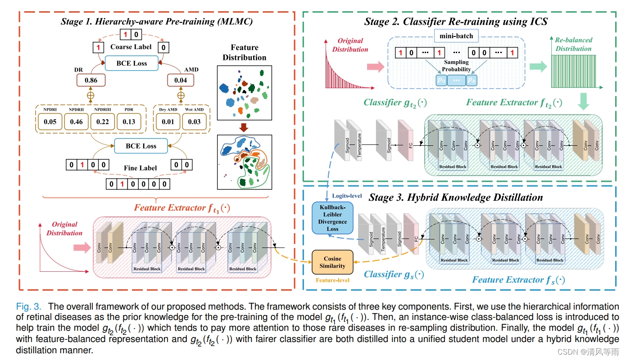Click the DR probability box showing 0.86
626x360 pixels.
point(90,81)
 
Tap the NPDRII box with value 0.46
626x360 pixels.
point(76,121)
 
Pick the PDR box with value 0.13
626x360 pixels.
point(129,121)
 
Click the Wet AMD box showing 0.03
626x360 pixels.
point(195,122)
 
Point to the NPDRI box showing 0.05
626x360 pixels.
point(50,121)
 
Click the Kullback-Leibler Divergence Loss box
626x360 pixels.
point(332,218)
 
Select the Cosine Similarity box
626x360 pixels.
point(332,262)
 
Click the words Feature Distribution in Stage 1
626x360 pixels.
point(245,52)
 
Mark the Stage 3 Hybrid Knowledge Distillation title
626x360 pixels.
point(456,197)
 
